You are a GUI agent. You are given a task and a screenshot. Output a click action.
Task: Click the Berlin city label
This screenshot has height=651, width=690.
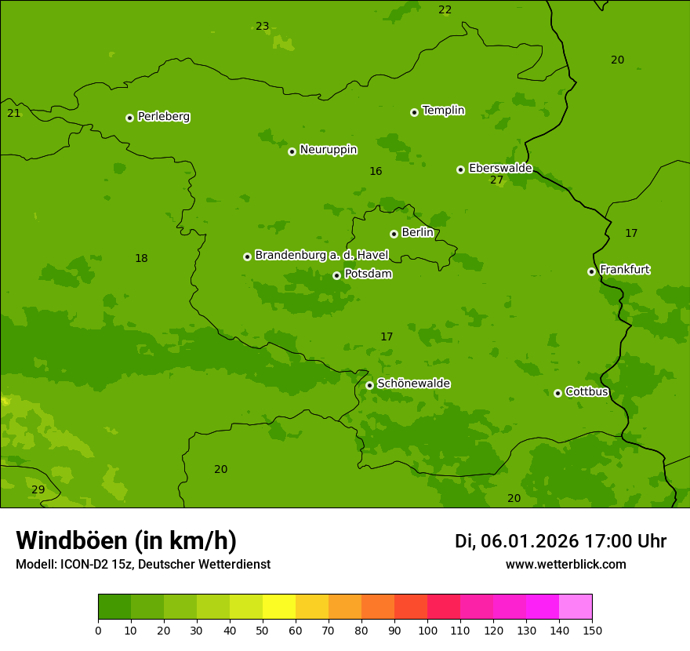[x=417, y=233]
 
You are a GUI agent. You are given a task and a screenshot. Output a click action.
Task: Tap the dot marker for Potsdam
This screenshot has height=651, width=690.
[x=336, y=275]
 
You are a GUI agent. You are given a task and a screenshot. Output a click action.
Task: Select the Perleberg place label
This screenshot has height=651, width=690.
[x=164, y=117]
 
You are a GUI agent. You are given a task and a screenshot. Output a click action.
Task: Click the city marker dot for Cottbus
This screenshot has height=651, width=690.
[x=557, y=393]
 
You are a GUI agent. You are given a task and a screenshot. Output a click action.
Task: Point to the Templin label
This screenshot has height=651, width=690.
[x=443, y=111]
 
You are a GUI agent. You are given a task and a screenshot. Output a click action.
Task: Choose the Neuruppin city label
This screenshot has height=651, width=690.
[x=328, y=150]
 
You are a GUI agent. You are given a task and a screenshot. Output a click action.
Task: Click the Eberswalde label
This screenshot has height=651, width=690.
[x=500, y=168]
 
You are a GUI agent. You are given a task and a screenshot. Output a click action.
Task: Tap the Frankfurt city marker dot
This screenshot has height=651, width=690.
[x=591, y=271]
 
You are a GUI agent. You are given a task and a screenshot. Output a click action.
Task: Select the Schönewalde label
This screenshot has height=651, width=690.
[x=413, y=384]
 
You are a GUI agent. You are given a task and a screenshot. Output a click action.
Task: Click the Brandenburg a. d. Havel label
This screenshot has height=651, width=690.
[x=321, y=256]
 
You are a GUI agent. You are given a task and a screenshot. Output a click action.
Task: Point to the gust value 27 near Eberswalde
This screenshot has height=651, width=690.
[x=497, y=180]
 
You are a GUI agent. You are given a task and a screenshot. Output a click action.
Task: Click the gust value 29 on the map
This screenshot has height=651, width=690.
[x=38, y=489]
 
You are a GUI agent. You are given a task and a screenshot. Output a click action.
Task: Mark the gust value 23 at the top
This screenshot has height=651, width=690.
[x=262, y=27]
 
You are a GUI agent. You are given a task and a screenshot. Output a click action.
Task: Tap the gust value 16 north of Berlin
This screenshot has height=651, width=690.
[x=376, y=172]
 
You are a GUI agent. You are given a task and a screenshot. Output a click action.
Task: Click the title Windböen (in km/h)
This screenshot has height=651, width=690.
[x=126, y=540]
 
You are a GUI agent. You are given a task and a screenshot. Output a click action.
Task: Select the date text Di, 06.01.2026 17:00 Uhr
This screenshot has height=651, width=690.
[x=561, y=541]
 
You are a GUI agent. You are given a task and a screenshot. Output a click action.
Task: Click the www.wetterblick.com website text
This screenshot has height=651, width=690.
[x=565, y=565]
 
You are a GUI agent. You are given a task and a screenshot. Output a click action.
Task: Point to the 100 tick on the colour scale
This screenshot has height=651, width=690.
[x=427, y=630]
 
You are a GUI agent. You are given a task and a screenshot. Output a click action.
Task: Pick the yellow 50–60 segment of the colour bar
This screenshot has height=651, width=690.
[x=279, y=607]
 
